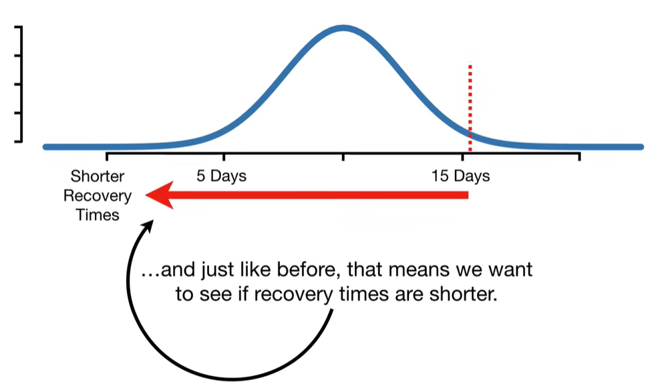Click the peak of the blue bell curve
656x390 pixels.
click(343, 28)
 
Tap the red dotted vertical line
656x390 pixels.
click(470, 107)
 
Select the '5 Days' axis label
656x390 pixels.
click(221, 176)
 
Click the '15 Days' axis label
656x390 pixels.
click(460, 176)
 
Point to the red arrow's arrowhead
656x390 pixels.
click(160, 195)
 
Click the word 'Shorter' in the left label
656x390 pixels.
click(98, 176)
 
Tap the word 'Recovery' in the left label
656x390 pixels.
click(98, 196)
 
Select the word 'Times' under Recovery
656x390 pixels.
click(98, 215)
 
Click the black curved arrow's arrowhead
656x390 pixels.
click(148, 227)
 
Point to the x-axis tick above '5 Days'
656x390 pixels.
click(224, 157)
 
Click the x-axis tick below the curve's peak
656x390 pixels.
click(343, 157)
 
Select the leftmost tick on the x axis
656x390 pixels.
click(107, 157)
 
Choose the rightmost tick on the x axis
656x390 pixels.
click(579, 157)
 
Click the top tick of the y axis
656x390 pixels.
click(19, 27)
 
